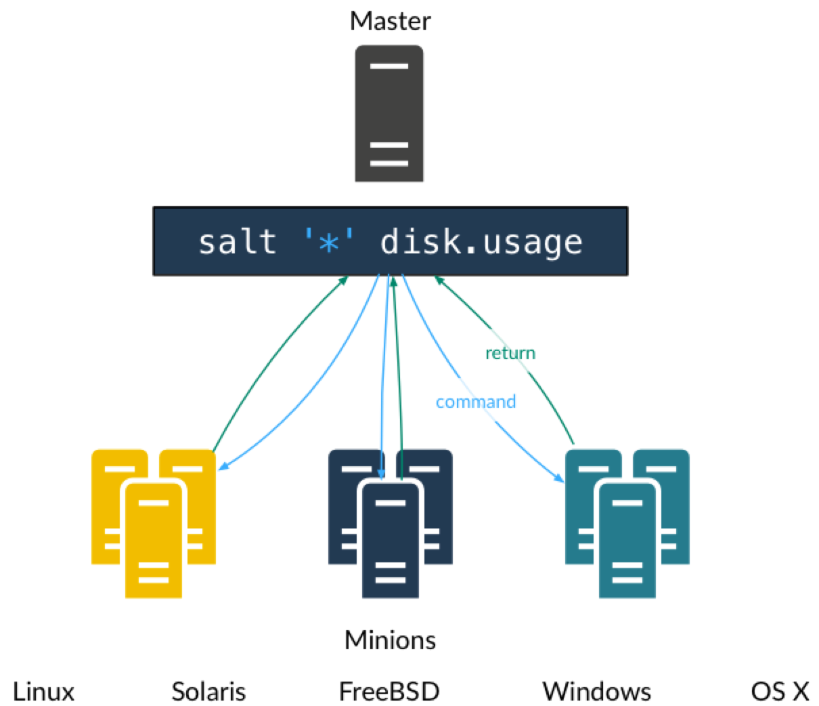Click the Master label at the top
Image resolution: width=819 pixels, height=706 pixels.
390,21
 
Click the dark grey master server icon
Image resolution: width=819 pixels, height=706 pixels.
389,113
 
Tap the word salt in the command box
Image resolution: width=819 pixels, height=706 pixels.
237,242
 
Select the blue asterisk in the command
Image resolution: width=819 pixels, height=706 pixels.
329,243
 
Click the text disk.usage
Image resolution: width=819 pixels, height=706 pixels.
481,243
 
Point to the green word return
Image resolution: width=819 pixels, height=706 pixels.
510,353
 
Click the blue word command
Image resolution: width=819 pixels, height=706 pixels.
476,402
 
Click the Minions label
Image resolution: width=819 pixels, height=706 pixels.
390,640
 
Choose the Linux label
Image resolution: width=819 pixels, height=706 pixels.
44,692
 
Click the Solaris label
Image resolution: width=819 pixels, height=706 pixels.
208,692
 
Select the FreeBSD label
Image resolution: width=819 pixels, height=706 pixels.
389,692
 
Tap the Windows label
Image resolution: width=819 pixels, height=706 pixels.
597,692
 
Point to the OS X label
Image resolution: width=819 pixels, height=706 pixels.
780,692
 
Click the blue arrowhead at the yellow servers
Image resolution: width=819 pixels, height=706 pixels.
223,466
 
